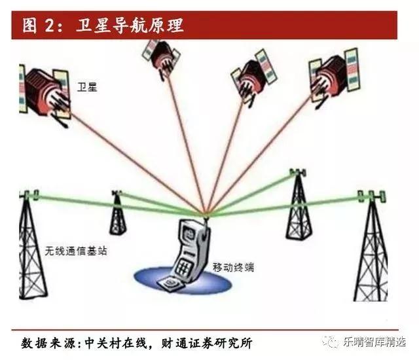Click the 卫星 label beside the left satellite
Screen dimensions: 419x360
pos(87,87)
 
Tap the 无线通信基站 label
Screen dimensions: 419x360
pos(76,251)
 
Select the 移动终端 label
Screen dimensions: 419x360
pos(233,267)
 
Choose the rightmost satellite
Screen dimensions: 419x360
pos(334,76)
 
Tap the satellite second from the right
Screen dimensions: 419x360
pos(254,77)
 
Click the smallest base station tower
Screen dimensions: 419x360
pos(118,213)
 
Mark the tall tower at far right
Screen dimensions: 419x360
pos(371,245)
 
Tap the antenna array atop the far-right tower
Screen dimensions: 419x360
pos(371,196)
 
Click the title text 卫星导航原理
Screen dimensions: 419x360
pos(130,26)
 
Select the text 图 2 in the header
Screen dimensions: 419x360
pos(39,26)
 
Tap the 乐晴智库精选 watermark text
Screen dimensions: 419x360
pos(374,342)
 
